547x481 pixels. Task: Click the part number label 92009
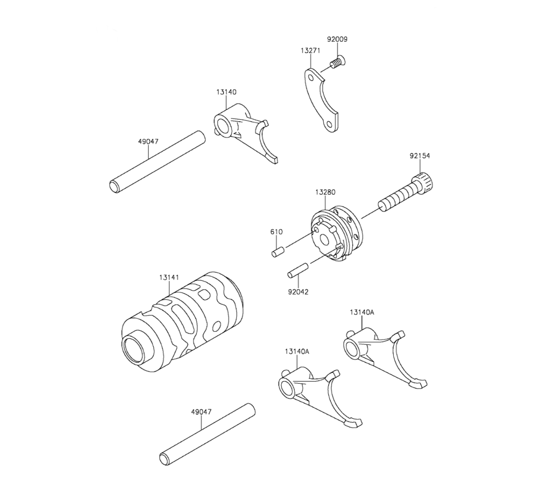[x=337, y=39]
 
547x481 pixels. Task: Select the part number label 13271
[x=310, y=50]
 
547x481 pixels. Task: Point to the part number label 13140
[x=226, y=92]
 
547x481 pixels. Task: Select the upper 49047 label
[x=148, y=141]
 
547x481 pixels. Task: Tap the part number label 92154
[x=420, y=156]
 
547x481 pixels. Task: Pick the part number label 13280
[x=325, y=192]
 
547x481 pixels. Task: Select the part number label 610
[x=276, y=232]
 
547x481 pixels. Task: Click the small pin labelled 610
[x=278, y=252]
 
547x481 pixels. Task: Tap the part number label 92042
[x=298, y=291]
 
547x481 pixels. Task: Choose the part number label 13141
[x=169, y=278]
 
